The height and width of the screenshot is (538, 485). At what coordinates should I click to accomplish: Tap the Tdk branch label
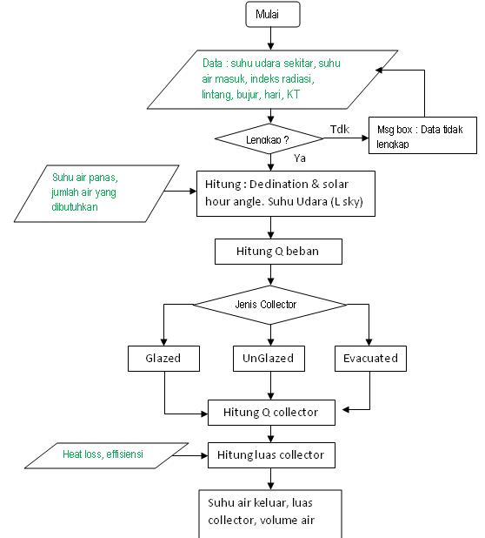(x=340, y=129)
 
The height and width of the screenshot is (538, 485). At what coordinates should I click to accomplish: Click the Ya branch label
(x=300, y=158)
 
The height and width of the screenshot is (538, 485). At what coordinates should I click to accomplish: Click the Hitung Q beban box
(x=276, y=252)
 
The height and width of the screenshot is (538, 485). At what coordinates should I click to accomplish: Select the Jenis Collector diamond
(x=269, y=304)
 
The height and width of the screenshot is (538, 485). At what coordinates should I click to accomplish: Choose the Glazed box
(x=164, y=358)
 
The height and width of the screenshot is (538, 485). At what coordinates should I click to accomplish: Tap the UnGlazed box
(x=269, y=358)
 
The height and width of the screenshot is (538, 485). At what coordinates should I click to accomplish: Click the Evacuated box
(x=370, y=358)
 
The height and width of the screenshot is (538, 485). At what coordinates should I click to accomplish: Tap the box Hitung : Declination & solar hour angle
(x=288, y=193)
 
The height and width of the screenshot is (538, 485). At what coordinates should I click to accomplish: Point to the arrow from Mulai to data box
(x=272, y=37)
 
